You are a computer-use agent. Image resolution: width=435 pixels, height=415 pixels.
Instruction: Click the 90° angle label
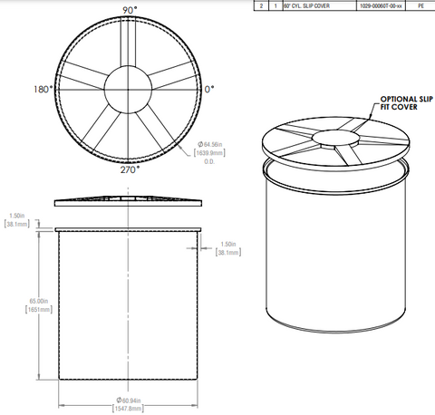(130, 9)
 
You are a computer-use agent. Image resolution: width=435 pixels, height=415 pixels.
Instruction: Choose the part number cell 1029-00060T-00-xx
(380, 5)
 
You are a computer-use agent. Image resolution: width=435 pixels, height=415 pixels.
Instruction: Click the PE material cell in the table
(420, 5)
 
